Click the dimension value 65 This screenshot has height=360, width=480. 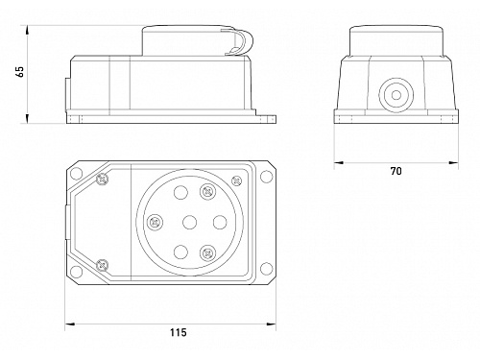click(20, 72)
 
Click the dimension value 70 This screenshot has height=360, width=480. click(396, 171)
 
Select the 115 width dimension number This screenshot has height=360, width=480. click(178, 333)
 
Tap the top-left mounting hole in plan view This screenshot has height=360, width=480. click(76, 173)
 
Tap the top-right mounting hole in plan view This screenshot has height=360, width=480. click(266, 176)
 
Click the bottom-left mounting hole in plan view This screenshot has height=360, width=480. click(76, 272)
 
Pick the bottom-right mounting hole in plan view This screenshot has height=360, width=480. click(266, 269)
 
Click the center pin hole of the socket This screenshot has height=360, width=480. click(189, 223)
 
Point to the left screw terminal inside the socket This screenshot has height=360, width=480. click(156, 222)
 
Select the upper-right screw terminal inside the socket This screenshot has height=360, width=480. click(207, 192)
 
